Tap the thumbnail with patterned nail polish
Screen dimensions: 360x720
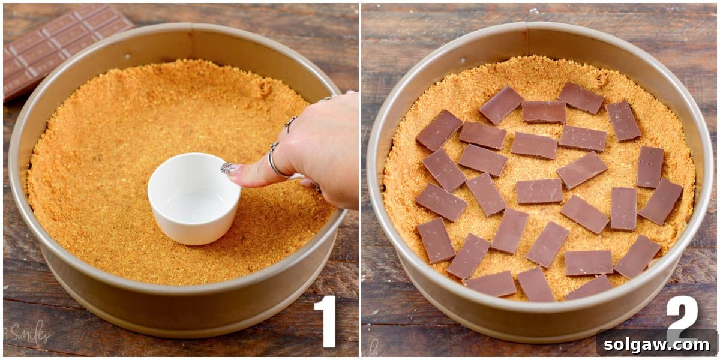click(229, 169)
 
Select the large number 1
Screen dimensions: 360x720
click(325, 321)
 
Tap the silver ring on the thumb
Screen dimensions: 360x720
click(275, 162)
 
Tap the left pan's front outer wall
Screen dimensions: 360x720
click(180, 300)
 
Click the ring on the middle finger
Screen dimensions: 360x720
click(328, 97)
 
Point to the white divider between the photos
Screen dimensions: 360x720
click(360, 180)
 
